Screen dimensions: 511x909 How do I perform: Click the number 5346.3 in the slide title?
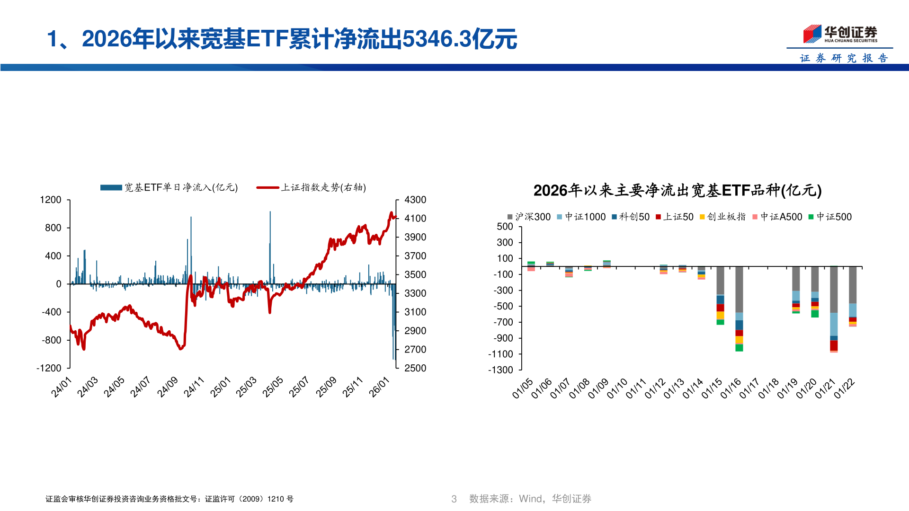click(437, 39)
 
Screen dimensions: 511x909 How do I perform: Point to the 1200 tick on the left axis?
click(51, 200)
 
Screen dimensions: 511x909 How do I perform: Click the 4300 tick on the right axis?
click(415, 200)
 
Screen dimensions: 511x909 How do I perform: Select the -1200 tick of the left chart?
click(49, 368)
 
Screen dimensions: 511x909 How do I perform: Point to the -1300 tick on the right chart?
click(500, 370)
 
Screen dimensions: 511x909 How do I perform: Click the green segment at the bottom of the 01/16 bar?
click(739, 348)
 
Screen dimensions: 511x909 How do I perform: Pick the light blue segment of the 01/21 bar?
click(834, 325)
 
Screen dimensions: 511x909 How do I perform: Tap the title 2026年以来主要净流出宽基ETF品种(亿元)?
click(677, 190)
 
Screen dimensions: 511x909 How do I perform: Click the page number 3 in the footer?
click(454, 499)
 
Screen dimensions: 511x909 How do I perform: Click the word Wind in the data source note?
click(531, 499)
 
